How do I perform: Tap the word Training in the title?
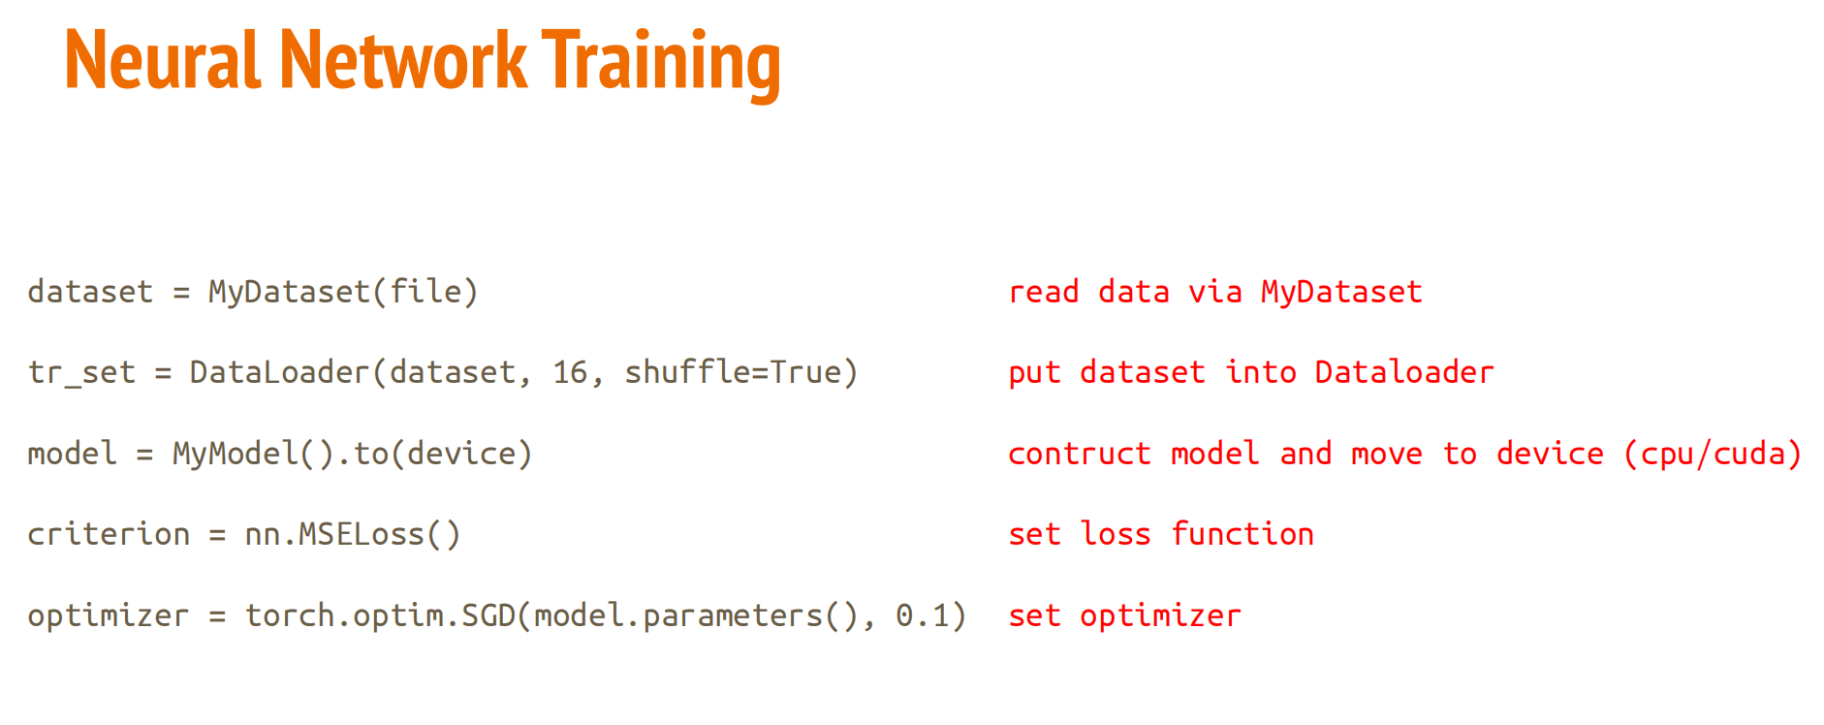pos(661,64)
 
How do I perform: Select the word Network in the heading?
pos(403,60)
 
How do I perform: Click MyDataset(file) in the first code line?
pos(343,292)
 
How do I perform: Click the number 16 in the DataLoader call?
pos(571,372)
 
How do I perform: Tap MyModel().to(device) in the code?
pos(353,454)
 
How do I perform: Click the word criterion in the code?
pos(109,534)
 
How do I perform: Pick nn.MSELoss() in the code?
pos(353,534)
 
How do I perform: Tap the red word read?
pos(1044,292)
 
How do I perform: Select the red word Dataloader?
pos(1404,372)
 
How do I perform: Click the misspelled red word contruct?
pos(1080,454)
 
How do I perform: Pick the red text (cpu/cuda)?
pos(1713,454)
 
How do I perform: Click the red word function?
pos(1242,534)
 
